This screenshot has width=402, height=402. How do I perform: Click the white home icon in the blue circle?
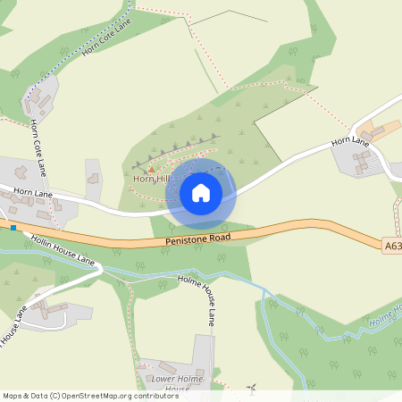[x=201, y=192]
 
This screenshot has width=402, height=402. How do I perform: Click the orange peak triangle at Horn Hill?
[x=151, y=169]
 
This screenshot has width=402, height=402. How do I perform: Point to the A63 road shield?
[x=392, y=244]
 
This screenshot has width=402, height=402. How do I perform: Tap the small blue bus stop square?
[x=14, y=226]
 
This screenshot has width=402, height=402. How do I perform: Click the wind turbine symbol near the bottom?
[x=252, y=389]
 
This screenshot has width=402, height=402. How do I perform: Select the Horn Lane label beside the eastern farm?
[x=351, y=140]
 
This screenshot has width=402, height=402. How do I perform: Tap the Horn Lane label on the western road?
[x=33, y=193]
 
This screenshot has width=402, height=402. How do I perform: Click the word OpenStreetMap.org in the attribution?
[x=96, y=395]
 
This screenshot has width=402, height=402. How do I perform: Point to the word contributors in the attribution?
[x=154, y=395]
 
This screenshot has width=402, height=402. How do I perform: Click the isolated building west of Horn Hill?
[x=93, y=179]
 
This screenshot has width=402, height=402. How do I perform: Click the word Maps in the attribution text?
[x=13, y=395]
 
